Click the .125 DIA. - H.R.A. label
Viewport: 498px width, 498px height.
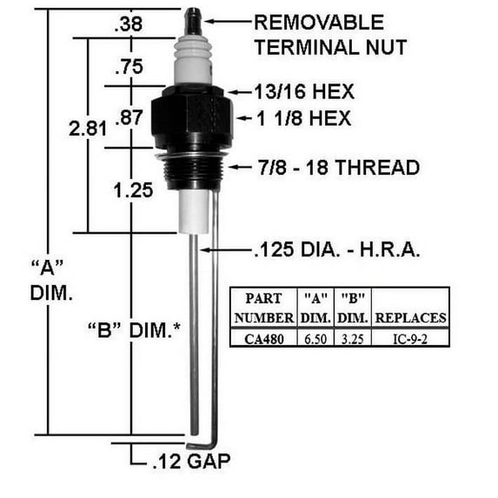[337, 251]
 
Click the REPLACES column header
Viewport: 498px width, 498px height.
[411, 317]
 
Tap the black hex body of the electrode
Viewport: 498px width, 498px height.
[192, 122]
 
